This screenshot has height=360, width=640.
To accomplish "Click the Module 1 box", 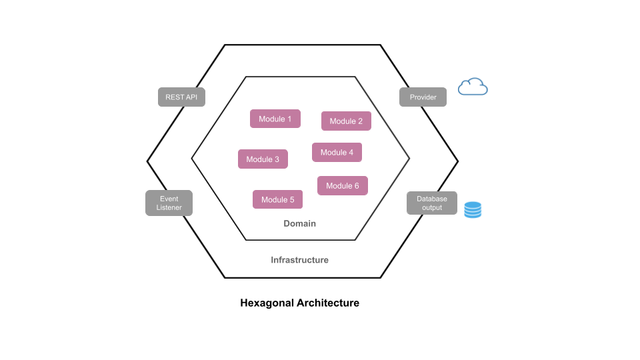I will (275, 119).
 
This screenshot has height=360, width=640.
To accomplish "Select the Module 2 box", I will (346, 121).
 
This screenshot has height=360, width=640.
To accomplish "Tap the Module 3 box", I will (263, 159).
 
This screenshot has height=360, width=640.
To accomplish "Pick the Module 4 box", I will (337, 152).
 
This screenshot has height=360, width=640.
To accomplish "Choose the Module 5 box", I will (277, 199).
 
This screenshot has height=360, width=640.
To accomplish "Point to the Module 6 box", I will (342, 185).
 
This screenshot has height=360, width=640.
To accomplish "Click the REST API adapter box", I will (182, 97).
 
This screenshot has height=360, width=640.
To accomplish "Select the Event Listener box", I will (169, 203).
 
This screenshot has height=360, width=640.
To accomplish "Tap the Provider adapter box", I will (423, 97).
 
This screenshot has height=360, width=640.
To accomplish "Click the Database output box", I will (432, 203).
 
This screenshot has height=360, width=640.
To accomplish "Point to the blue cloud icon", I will (473, 87).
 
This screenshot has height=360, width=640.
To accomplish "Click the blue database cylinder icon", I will (473, 210).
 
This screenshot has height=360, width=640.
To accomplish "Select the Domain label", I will (299, 223).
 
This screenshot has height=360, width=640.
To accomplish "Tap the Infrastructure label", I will (299, 260).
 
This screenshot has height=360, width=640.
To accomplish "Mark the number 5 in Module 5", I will (291, 199).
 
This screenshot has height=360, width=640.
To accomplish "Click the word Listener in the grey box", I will (169, 207).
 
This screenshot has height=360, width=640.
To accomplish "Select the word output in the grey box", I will (432, 207).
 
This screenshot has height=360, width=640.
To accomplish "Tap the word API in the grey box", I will (191, 97).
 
